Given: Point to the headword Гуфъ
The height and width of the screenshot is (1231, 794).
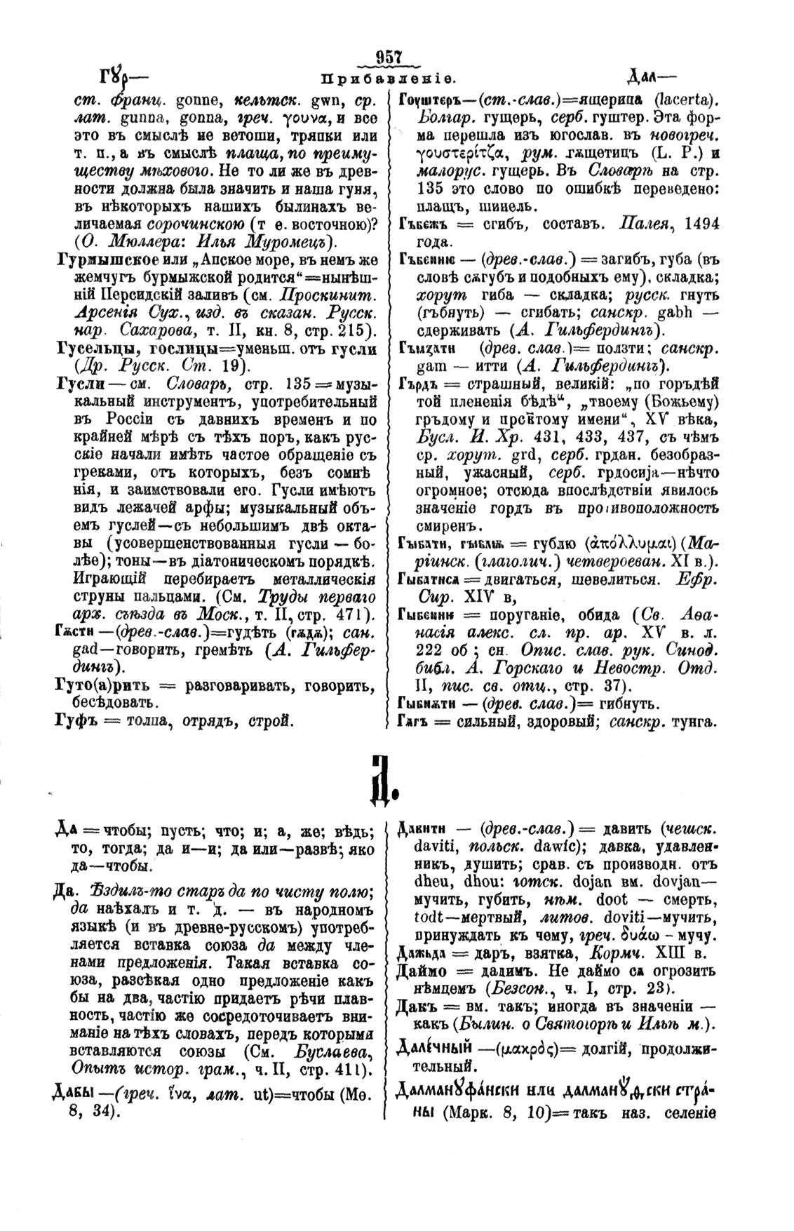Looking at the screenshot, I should [x=67, y=720].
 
